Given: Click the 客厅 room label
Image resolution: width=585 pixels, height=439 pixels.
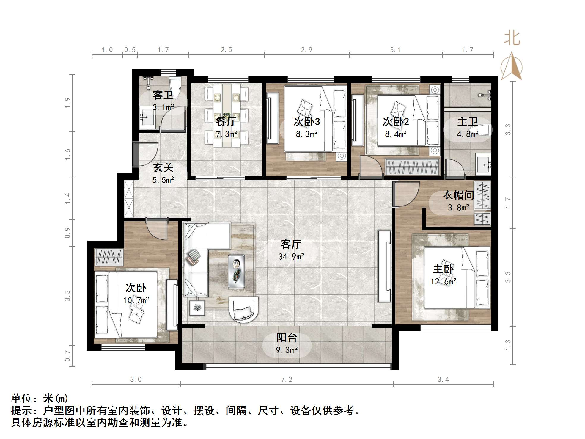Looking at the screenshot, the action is (291, 244).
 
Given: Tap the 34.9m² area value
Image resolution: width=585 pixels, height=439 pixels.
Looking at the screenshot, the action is (291, 256).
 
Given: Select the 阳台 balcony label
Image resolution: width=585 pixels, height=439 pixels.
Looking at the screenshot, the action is (287, 338).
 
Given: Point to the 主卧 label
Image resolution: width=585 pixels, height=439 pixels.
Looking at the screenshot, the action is (443, 269).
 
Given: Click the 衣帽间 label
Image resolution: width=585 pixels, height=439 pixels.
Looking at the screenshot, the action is (458, 195).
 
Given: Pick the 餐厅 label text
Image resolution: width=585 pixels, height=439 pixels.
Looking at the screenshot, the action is (226, 121).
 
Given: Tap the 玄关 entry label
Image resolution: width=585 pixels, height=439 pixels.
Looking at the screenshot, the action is (163, 168).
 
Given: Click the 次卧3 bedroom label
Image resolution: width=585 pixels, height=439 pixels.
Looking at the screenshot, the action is (307, 121).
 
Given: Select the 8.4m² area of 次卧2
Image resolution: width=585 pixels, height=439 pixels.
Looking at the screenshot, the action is (396, 134).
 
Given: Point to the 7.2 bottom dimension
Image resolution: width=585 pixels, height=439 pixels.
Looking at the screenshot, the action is (287, 379).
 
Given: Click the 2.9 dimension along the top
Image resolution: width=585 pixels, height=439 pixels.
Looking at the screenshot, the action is (306, 50).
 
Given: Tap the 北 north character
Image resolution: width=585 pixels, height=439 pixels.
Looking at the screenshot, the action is (512, 38).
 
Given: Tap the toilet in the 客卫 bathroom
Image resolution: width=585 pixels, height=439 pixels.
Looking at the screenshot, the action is (175, 87).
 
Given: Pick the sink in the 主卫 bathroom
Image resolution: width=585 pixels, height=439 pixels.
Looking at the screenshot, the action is (484, 164).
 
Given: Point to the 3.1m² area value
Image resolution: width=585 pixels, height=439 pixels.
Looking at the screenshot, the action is (163, 107).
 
